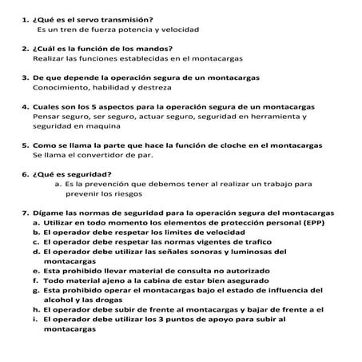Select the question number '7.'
[x=25, y=212]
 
